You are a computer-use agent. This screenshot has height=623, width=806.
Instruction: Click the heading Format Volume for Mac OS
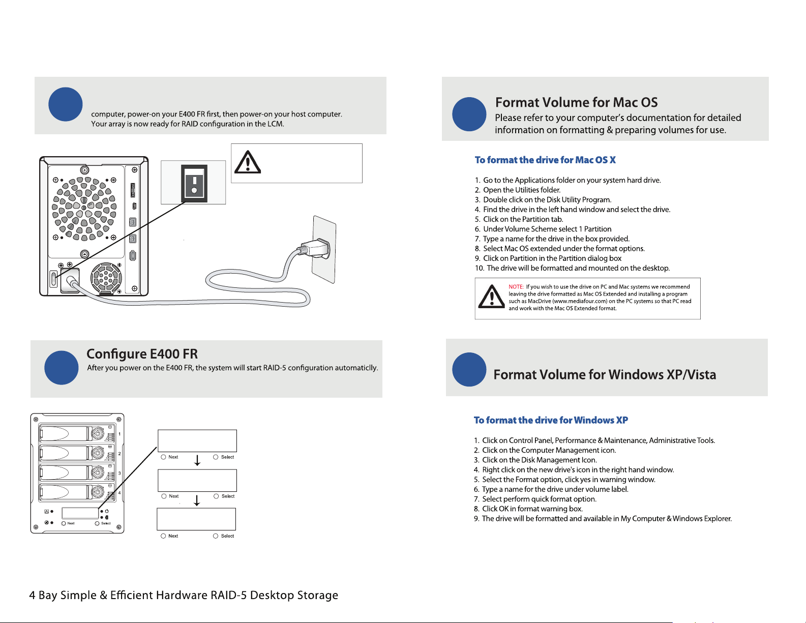[576, 102]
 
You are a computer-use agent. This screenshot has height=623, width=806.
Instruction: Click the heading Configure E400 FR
[142, 354]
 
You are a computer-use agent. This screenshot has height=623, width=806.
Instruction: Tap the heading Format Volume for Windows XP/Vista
[605, 374]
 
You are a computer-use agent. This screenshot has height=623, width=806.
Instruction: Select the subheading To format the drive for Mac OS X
[545, 160]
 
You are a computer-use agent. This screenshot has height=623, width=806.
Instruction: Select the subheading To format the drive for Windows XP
[551, 420]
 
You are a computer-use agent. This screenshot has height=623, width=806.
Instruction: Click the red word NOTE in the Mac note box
[516, 287]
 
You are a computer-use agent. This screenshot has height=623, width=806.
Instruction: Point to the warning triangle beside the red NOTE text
[491, 296]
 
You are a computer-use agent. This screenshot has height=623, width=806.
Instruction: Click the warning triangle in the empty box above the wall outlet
[248, 162]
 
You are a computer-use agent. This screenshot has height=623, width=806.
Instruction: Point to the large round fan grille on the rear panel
[84, 208]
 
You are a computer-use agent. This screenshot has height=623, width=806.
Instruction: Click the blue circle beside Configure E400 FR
[61, 368]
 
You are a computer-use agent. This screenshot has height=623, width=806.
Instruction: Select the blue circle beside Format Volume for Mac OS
[469, 114]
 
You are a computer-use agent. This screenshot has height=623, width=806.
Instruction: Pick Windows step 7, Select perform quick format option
[535, 499]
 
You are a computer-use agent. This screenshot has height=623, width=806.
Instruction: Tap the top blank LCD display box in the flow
[197, 440]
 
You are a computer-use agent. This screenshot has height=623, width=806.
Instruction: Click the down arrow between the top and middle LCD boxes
[197, 460]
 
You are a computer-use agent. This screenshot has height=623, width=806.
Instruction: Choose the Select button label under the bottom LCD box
[227, 536]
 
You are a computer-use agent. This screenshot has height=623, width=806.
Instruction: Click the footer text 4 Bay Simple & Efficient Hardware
[120, 595]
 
